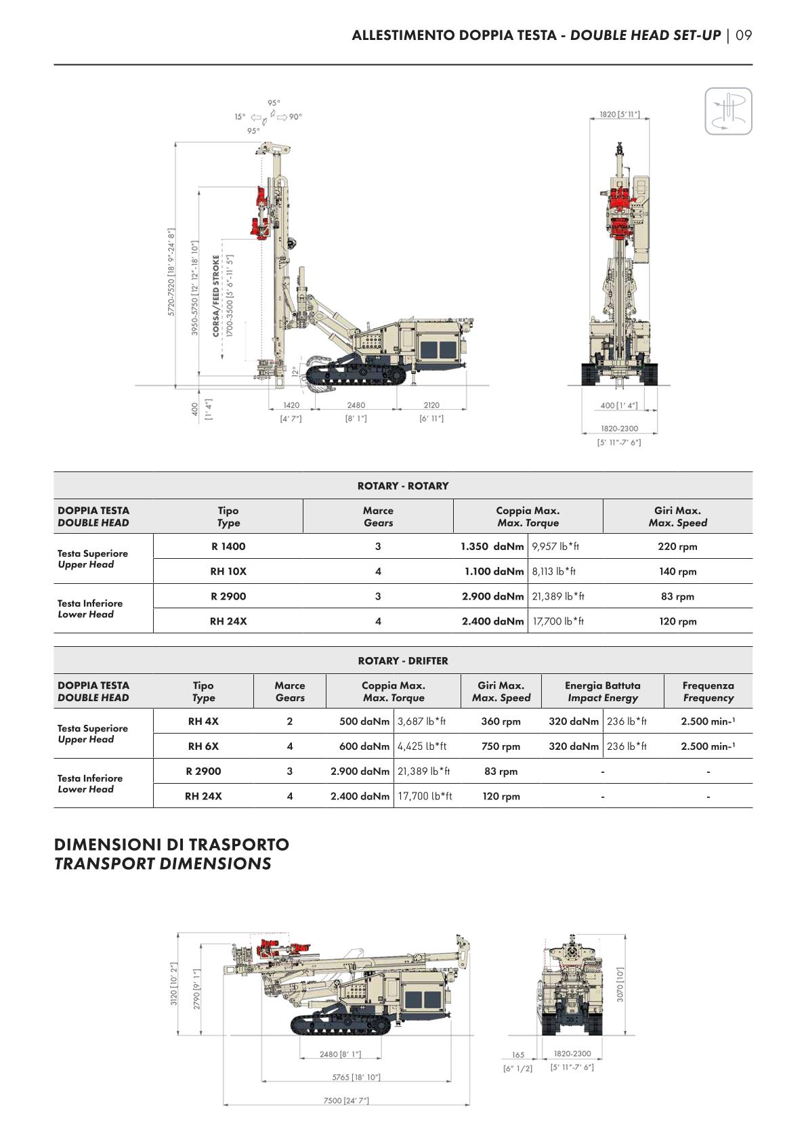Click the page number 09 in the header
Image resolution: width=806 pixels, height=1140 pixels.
coord(744,35)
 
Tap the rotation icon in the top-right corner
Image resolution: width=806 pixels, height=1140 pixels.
coord(728,111)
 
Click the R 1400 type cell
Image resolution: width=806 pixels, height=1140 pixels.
coord(228,547)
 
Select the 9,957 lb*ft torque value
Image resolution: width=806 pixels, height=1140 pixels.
coord(555,547)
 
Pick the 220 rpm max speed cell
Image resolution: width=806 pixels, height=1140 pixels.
coord(677,547)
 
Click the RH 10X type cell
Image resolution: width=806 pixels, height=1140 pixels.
coord(228,572)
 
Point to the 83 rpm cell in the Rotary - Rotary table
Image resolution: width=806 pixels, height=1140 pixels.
coord(677,597)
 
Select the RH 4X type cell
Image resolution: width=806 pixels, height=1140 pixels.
coord(203,721)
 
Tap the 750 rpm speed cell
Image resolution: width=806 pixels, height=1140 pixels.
coord(501,746)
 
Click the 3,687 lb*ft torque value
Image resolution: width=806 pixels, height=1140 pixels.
coord(421,721)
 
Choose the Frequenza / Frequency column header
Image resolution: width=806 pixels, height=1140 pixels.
coord(708,692)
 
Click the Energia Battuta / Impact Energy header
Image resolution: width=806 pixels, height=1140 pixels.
coord(602,692)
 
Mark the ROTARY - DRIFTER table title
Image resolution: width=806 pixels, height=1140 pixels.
coord(403,661)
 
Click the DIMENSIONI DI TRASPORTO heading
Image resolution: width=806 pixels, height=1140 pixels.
coord(171,845)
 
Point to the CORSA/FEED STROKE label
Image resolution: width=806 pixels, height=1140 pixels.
coord(216,295)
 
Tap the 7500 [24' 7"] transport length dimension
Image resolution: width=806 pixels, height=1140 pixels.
coord(346,1100)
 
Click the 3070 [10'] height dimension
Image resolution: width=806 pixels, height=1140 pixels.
coord(620,984)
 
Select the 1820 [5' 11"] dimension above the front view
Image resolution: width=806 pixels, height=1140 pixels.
coord(619,114)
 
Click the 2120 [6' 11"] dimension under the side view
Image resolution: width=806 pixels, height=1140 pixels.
coord(431,411)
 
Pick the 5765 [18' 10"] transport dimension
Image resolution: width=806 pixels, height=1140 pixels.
coord(356,1077)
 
